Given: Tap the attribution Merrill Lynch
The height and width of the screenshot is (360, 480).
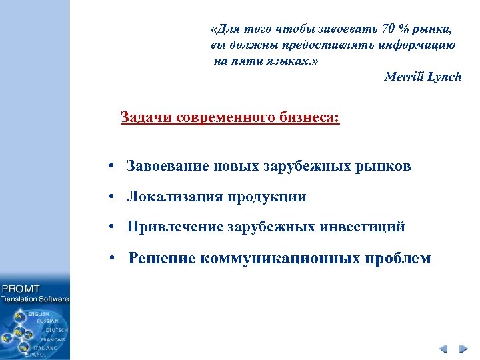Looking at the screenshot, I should point(423,77).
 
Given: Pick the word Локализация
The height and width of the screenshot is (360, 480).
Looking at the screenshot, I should point(174,197).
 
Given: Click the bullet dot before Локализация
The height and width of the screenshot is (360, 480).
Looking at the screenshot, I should point(115,197).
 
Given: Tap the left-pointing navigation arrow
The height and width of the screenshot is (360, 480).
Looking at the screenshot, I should point(444,348).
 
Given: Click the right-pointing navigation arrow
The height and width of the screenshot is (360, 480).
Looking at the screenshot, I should point(462,348).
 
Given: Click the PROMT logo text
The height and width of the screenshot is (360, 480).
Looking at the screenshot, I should point(21,289).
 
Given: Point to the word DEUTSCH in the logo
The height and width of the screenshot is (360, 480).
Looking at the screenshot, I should point(56,329).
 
